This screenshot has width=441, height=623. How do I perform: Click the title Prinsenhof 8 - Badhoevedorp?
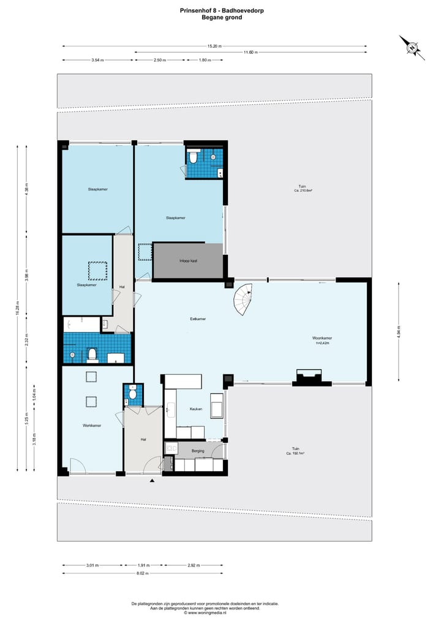click(x=221, y=10)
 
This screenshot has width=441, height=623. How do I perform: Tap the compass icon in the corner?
click(x=413, y=47)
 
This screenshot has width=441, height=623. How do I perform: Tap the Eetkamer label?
click(x=197, y=319)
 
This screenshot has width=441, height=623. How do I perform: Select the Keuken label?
click(x=196, y=409)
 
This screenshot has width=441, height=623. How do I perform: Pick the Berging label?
click(x=197, y=450)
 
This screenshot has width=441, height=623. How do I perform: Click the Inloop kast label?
click(x=188, y=261)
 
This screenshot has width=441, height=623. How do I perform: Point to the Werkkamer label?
click(x=92, y=425)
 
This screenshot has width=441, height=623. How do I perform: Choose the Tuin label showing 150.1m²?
click(x=295, y=451)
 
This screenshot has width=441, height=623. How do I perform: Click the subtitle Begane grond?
click(x=221, y=18)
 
